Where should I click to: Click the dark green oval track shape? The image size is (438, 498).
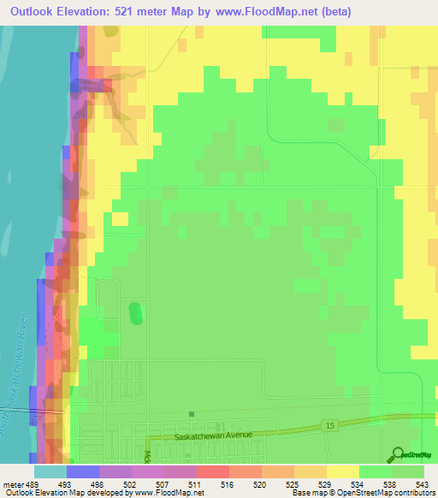[134, 313]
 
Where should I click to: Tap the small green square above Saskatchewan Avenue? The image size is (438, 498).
[191, 414]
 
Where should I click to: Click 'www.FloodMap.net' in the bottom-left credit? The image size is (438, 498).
[168, 493]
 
